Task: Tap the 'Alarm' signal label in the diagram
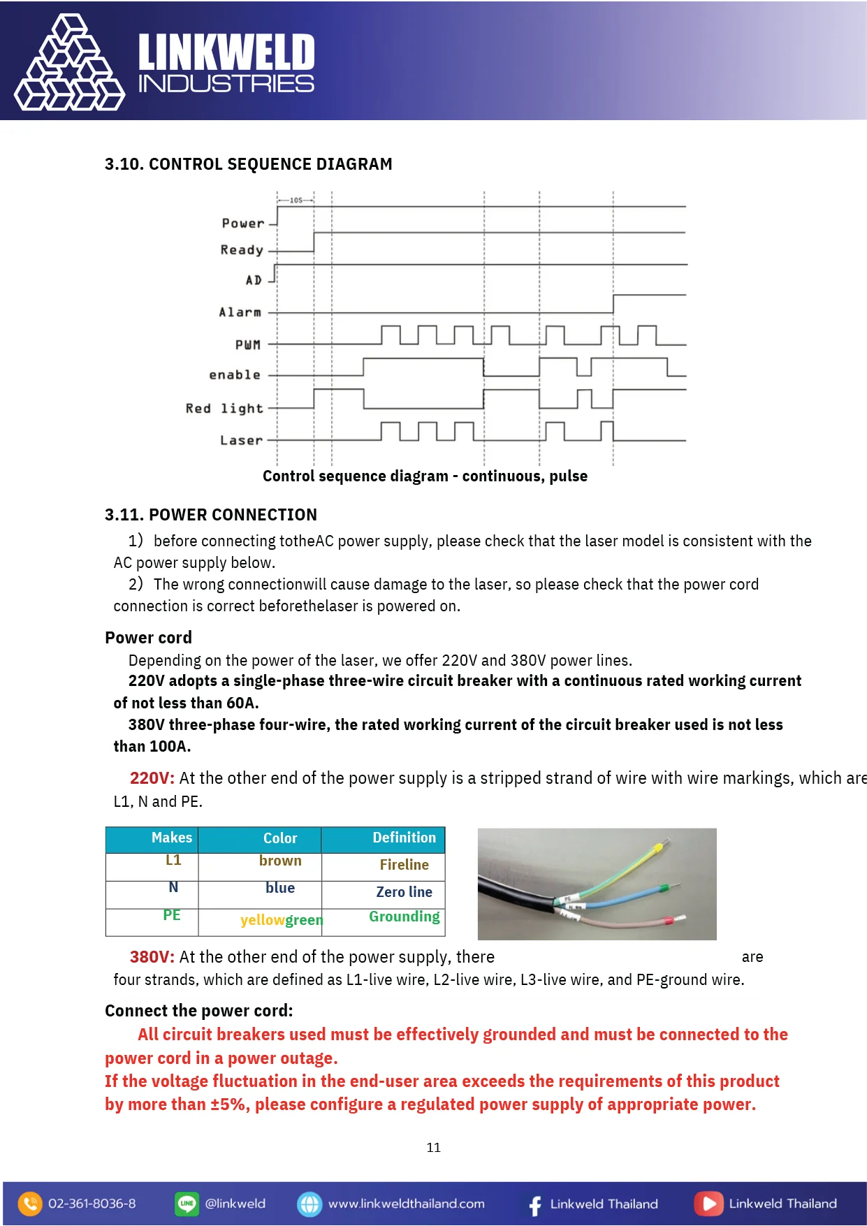[240, 312]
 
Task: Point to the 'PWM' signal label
[247, 344]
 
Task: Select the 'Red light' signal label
[224, 408]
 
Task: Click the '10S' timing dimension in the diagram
[296, 200]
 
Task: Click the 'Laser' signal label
[241, 440]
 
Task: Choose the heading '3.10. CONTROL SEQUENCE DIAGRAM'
[248, 164]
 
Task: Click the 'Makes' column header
[171, 838]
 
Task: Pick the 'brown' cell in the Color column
[280, 861]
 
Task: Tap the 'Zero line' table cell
[404, 892]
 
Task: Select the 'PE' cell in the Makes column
[172, 915]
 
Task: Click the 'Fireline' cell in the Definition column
[404, 865]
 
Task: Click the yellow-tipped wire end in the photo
[658, 847]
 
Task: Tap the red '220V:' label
[152, 778]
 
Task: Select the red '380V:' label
[152, 957]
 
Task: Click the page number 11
[433, 1148]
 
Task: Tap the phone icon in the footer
[30, 1204]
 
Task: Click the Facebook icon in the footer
[534, 1204]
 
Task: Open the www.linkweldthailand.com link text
[406, 1204]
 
